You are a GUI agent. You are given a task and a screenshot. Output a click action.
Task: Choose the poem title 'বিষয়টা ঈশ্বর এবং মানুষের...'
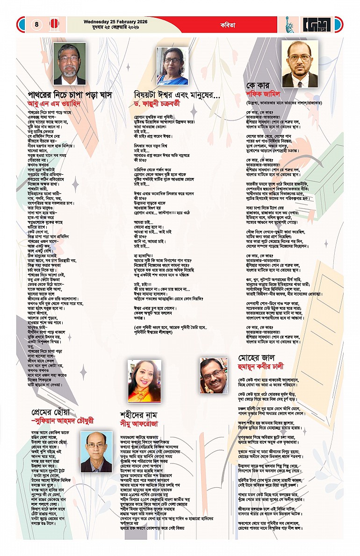[177, 95]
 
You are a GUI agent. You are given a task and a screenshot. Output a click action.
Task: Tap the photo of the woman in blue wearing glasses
[172, 65]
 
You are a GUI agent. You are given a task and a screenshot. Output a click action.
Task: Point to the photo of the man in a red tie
[300, 64]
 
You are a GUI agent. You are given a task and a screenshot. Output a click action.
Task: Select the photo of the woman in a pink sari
[144, 380]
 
